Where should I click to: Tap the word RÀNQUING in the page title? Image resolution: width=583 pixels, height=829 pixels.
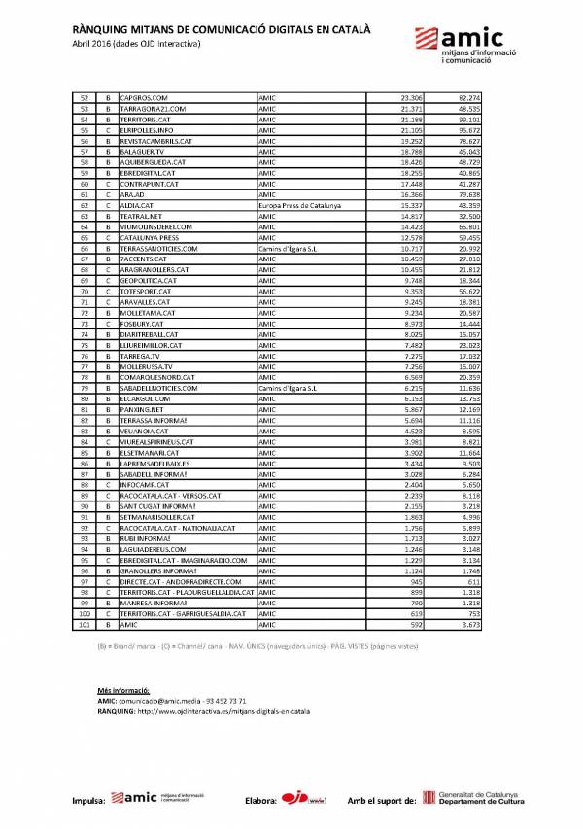pyautogui.click(x=102, y=30)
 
